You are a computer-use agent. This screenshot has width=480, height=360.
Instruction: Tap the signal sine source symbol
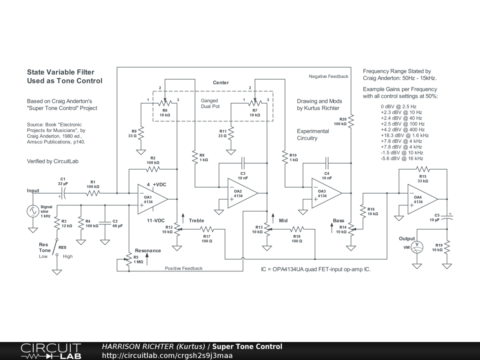coord(33,211)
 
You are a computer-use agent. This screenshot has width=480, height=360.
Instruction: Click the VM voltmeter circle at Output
coord(417,247)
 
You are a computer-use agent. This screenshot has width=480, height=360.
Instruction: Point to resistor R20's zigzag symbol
coord(351,120)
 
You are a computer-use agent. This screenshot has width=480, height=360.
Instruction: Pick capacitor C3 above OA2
coord(243,160)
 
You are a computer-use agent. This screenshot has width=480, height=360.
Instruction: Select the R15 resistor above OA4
coord(423,169)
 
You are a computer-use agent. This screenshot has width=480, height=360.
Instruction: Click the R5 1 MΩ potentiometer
coord(129,260)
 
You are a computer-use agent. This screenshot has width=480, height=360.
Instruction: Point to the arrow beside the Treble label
coord(183,218)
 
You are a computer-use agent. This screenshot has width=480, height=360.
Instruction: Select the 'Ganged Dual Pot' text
coord(210,104)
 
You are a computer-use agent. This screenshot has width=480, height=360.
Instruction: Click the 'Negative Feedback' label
coord(329,76)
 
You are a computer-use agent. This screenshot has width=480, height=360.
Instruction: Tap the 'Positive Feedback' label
coord(184,269)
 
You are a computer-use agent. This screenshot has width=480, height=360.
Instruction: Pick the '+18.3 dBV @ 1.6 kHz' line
coord(405,135)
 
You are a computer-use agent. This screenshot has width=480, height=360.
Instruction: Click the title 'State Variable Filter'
coord(60,72)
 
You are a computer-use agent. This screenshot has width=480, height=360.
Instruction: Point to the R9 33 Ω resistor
coord(141,134)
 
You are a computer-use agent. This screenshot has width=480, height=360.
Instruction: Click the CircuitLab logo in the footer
coord(51,351)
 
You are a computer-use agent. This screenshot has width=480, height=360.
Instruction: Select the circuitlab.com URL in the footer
coord(167,355)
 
